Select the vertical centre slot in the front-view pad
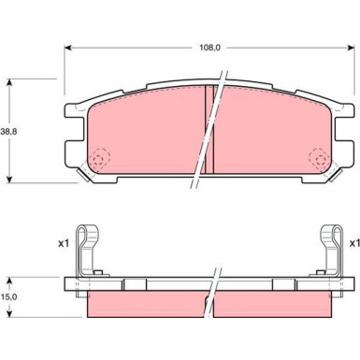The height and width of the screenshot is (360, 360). click(x=210, y=131)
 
